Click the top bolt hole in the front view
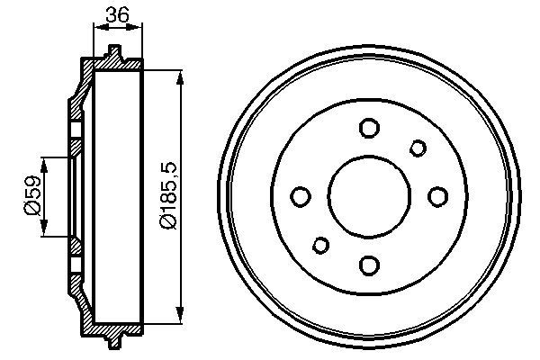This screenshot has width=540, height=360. [368, 128]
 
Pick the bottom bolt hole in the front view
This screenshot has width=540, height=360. [368, 265]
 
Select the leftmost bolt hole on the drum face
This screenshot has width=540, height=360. [301, 196]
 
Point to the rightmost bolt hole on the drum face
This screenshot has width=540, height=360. [437, 196]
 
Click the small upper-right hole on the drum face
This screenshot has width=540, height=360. [418, 148]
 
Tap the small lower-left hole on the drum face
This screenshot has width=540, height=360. [319, 245]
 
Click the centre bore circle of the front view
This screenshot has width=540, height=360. [368, 196]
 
